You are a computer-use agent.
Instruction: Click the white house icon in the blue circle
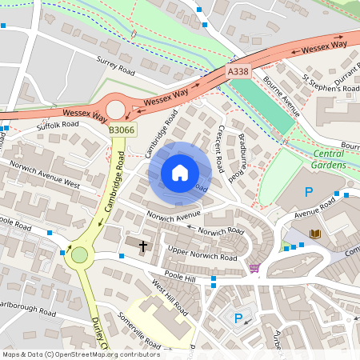(180, 172)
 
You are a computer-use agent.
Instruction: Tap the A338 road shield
(238, 72)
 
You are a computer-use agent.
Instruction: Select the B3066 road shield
(122, 129)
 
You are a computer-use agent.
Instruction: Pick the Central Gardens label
(329, 158)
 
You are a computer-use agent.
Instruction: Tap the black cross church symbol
(144, 246)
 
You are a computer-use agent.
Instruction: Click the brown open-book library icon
(315, 234)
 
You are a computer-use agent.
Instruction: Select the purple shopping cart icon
(254, 267)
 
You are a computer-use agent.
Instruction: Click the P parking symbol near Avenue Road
(309, 192)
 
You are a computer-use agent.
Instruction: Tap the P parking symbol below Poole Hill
(238, 318)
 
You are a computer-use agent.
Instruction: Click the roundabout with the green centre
(79, 255)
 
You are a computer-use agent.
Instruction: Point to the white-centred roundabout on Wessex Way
(117, 109)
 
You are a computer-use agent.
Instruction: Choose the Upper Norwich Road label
(202, 254)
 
